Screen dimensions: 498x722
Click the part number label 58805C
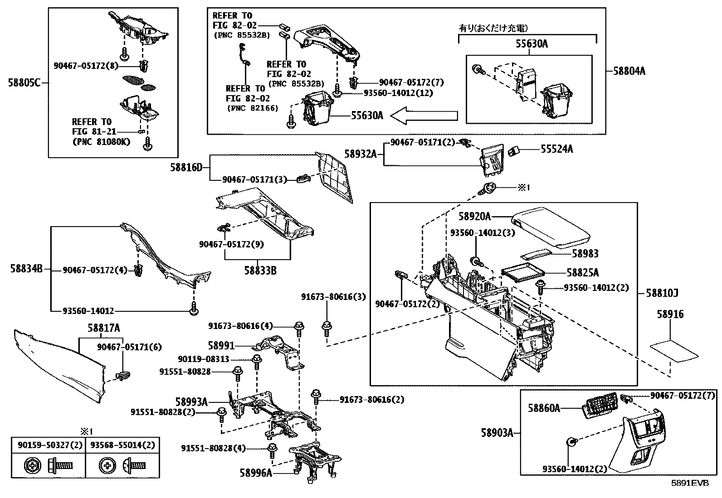[x=24, y=83]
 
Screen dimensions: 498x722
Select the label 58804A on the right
[x=629, y=71]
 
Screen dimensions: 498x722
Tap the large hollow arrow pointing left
[x=424, y=116]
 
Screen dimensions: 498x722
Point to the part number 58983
[x=585, y=254]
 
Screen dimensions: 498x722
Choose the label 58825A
[x=582, y=273]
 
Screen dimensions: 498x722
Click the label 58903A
[x=497, y=433]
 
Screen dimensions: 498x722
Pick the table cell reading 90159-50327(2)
[x=49, y=445]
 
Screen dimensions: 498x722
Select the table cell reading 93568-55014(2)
[x=122, y=445]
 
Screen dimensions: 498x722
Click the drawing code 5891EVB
[x=690, y=483]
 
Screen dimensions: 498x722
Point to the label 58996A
[x=256, y=474]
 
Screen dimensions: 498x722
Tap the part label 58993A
[x=191, y=402]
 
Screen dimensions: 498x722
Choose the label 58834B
[x=26, y=269]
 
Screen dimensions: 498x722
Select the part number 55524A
[x=556, y=149]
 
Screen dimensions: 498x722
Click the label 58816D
[x=186, y=168]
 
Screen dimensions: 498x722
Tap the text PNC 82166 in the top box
[x=252, y=108]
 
